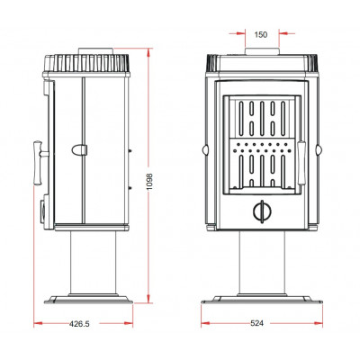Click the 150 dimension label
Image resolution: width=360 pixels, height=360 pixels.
(x=261, y=35)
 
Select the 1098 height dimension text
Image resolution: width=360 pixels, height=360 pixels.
(x=150, y=182)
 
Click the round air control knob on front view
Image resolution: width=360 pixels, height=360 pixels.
(x=262, y=211)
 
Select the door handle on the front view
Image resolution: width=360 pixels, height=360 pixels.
(x=301, y=163)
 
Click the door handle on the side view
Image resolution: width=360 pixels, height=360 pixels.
(x=40, y=163)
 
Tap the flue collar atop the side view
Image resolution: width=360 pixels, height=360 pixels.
(x=96, y=51)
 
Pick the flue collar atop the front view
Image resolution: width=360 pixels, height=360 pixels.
(x=262, y=51)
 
